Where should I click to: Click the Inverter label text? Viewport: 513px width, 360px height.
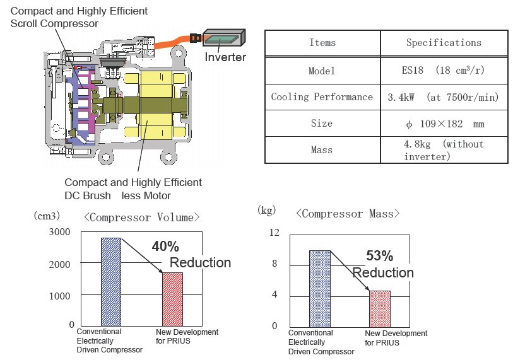click(x=225, y=58)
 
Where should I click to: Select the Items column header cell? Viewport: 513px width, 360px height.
click(x=322, y=43)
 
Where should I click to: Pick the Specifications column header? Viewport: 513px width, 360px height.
click(x=444, y=43)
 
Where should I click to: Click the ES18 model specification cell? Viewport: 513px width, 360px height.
click(x=444, y=71)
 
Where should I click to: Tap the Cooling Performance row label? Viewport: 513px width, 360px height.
click(x=322, y=97)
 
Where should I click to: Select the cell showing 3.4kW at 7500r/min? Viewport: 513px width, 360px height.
click(x=444, y=97)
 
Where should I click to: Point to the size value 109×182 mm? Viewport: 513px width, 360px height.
click(x=444, y=124)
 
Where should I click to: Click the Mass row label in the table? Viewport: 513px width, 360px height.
click(x=322, y=150)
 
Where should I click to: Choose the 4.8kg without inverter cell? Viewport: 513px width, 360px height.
click(x=444, y=150)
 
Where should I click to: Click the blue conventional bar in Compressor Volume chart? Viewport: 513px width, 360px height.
click(x=110, y=281)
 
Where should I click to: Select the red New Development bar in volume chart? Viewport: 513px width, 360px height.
click(x=172, y=299)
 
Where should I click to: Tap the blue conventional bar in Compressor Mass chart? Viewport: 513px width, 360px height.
click(x=319, y=288)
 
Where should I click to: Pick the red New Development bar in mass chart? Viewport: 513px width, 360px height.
click(x=379, y=308)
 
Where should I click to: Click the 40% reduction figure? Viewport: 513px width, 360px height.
click(x=165, y=247)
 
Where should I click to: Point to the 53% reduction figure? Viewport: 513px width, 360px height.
click(x=379, y=256)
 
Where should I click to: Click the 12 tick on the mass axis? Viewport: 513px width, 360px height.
click(x=273, y=233)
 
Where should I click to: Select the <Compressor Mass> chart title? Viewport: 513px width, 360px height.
click(x=348, y=214)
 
